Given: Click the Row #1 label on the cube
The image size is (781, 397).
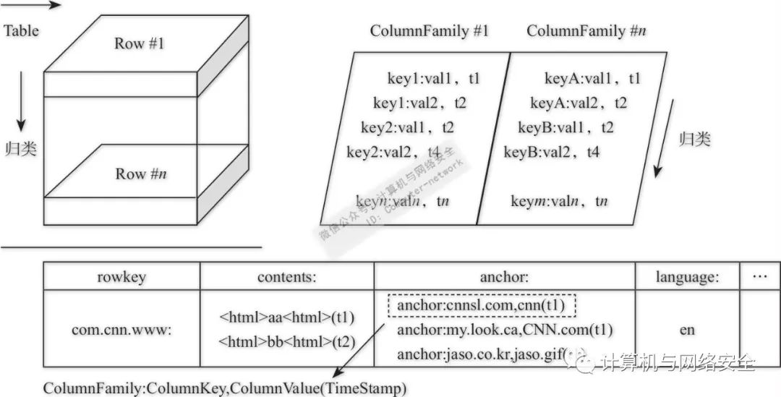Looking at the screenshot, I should pos(140,43).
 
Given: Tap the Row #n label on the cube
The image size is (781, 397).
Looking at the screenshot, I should pos(142,174).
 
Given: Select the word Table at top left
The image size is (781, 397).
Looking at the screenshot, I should pos(22,30).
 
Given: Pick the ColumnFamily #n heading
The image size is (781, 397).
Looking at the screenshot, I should pos(586,31).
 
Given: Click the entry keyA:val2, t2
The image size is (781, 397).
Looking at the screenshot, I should pos(579,103).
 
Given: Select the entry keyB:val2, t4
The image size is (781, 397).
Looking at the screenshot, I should pos(552,153).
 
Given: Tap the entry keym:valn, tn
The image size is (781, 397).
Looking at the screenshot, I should pos(559,201).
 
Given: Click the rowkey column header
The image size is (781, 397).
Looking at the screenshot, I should pos(121,276).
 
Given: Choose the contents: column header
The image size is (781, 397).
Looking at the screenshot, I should pos(287,276).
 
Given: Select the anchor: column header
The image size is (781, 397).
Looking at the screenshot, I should pos(504,276).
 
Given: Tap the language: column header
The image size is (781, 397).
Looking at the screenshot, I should pos(687,276).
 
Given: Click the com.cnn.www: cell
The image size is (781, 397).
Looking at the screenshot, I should pos(121,330).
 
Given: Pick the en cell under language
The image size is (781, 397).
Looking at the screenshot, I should pos(687,330).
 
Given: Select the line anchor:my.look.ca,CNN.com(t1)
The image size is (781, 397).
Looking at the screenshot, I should pos(505,330).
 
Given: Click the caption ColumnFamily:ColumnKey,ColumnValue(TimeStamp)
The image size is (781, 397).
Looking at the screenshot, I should pos(225,388).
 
